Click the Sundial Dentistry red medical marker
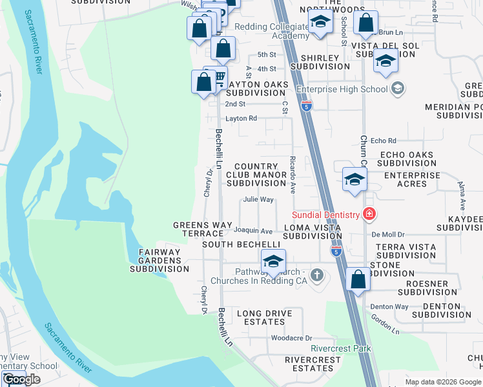369,213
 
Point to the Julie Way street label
258,200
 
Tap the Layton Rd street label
241,119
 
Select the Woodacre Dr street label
291,338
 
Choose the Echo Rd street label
383,141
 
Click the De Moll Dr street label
387,235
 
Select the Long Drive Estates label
265,318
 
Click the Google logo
21,379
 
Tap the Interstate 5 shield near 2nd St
307,104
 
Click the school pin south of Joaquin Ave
273,262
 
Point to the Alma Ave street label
462,197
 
